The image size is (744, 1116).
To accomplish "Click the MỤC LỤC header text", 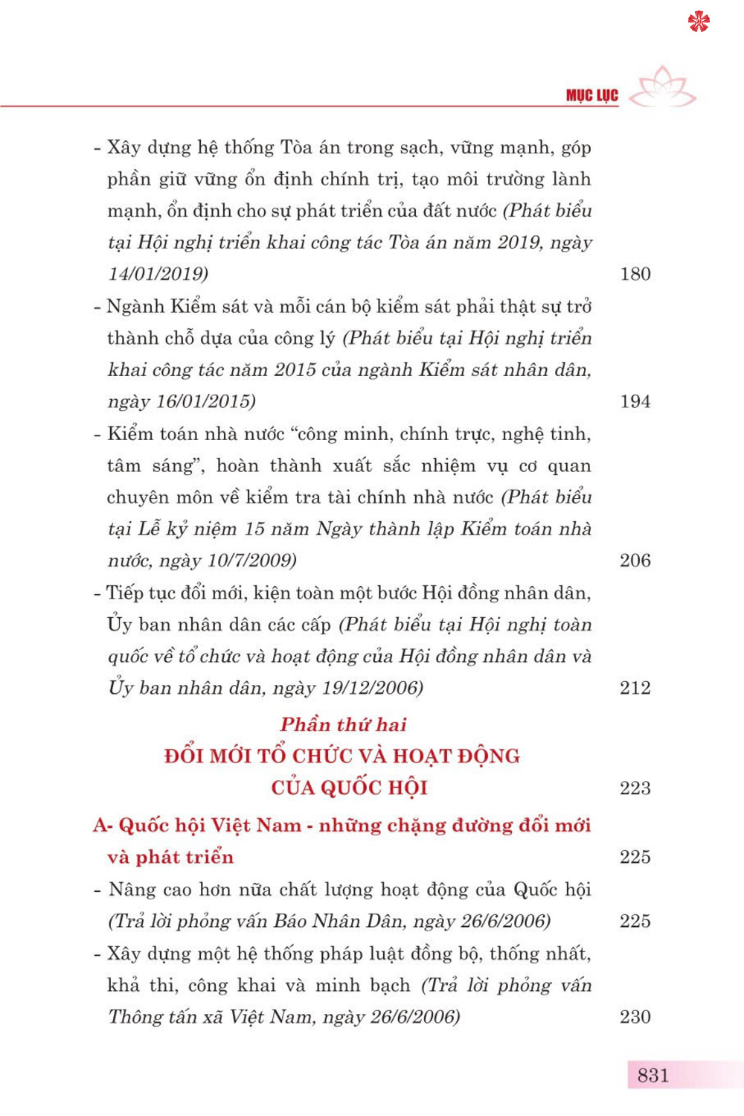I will (x=591, y=95).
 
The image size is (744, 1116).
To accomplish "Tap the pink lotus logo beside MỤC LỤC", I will (x=665, y=87).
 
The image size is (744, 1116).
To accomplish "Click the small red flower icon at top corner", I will (x=699, y=22).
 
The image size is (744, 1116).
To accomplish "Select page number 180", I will (x=635, y=274).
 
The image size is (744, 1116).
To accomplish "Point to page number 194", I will (x=635, y=401).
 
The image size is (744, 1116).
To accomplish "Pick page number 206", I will (x=635, y=561).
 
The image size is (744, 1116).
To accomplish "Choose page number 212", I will (x=635, y=688).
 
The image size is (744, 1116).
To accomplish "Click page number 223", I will (x=635, y=788).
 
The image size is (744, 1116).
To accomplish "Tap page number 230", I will (x=635, y=1017).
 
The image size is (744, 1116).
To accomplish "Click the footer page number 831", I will (x=652, y=1075).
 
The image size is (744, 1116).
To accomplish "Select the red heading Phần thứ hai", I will (x=343, y=724).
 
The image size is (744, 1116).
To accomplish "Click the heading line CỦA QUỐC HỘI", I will (x=349, y=788).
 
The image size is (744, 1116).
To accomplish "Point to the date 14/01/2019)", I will (x=158, y=274).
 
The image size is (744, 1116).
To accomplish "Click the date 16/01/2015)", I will (x=205, y=401).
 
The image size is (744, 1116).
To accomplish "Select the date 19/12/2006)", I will (x=372, y=688).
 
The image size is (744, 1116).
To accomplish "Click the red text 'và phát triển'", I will (x=170, y=857).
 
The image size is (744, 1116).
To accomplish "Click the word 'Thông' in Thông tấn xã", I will (x=136, y=1017).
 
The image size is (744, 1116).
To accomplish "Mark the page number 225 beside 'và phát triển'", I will (x=635, y=857).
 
